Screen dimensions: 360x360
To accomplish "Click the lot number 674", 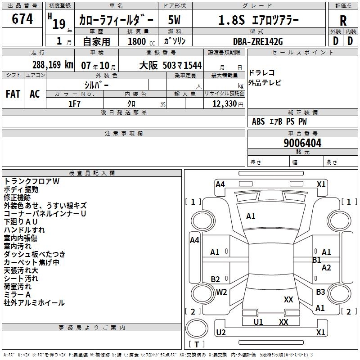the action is click(x=22, y=19).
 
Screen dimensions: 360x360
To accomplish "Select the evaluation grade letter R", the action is click(x=343, y=20).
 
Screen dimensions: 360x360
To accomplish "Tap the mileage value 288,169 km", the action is click(x=52, y=65).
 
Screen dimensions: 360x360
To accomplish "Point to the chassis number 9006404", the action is click(x=302, y=144).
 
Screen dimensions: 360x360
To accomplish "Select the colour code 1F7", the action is click(x=74, y=103).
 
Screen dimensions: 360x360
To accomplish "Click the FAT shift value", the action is click(x=13, y=94).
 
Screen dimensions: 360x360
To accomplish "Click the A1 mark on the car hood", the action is click(x=251, y=216).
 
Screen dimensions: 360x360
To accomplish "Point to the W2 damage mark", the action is click(x=221, y=292).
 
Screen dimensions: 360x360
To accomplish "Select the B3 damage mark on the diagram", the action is click(x=320, y=292).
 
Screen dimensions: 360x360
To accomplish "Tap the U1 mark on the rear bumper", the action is click(x=258, y=322).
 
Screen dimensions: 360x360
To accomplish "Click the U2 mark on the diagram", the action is click(x=221, y=333).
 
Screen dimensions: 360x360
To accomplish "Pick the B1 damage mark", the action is click(x=317, y=260).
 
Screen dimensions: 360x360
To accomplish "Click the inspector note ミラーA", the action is click(x=18, y=295).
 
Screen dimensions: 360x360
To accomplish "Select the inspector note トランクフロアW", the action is click(x=31, y=181).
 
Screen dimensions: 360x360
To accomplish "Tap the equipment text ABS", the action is click(x=258, y=121).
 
